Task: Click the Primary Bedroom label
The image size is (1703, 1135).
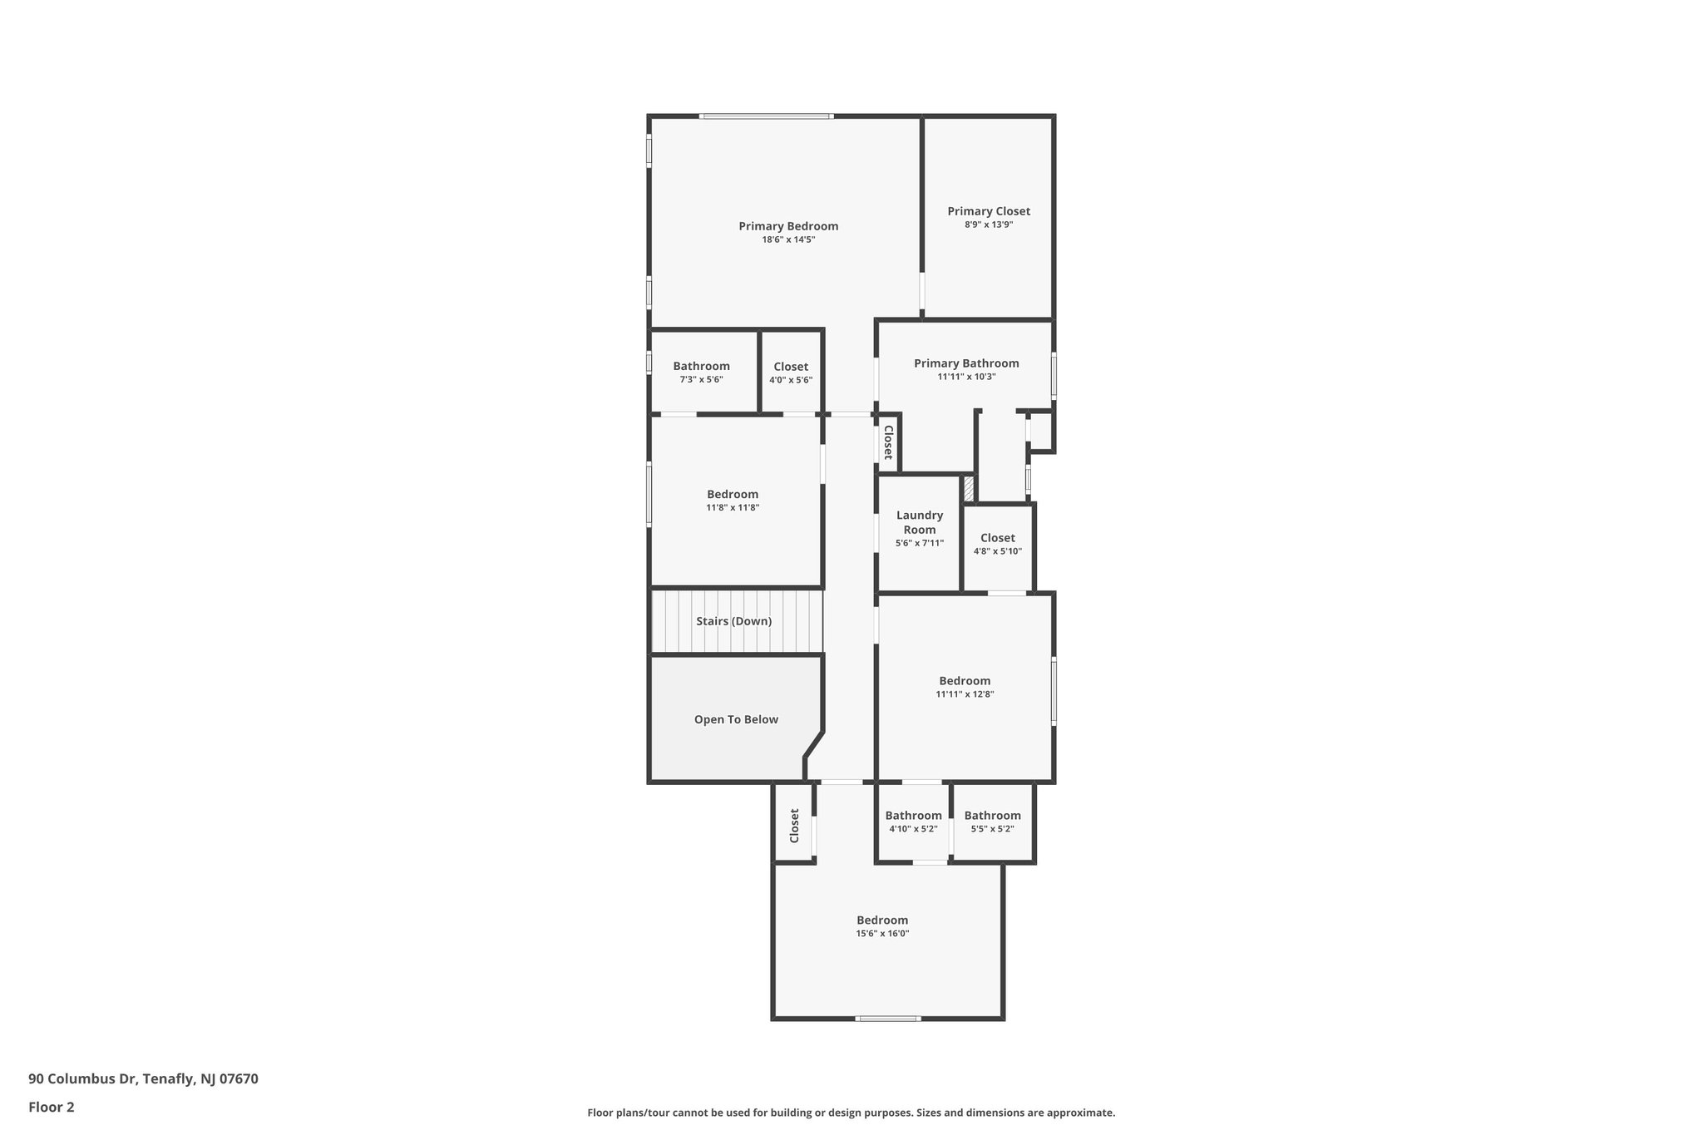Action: (x=788, y=226)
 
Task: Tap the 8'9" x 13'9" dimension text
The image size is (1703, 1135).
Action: (x=989, y=225)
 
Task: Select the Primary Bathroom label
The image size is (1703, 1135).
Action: (x=966, y=363)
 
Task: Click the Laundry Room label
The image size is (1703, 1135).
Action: (x=919, y=522)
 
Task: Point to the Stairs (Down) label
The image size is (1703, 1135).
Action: (x=733, y=621)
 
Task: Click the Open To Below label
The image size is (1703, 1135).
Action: (x=736, y=719)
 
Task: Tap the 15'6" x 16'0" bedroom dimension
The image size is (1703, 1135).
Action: (x=882, y=934)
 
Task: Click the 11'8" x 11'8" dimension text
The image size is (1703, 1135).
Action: (x=733, y=507)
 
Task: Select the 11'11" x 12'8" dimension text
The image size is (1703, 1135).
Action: (x=965, y=694)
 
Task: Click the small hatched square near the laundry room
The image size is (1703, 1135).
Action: (x=968, y=489)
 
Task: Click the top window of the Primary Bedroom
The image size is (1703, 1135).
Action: (x=766, y=116)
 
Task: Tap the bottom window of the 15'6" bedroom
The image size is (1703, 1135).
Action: (x=888, y=1018)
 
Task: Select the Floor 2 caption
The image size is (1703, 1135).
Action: (x=52, y=1107)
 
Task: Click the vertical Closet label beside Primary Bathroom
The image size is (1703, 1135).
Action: (x=887, y=442)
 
